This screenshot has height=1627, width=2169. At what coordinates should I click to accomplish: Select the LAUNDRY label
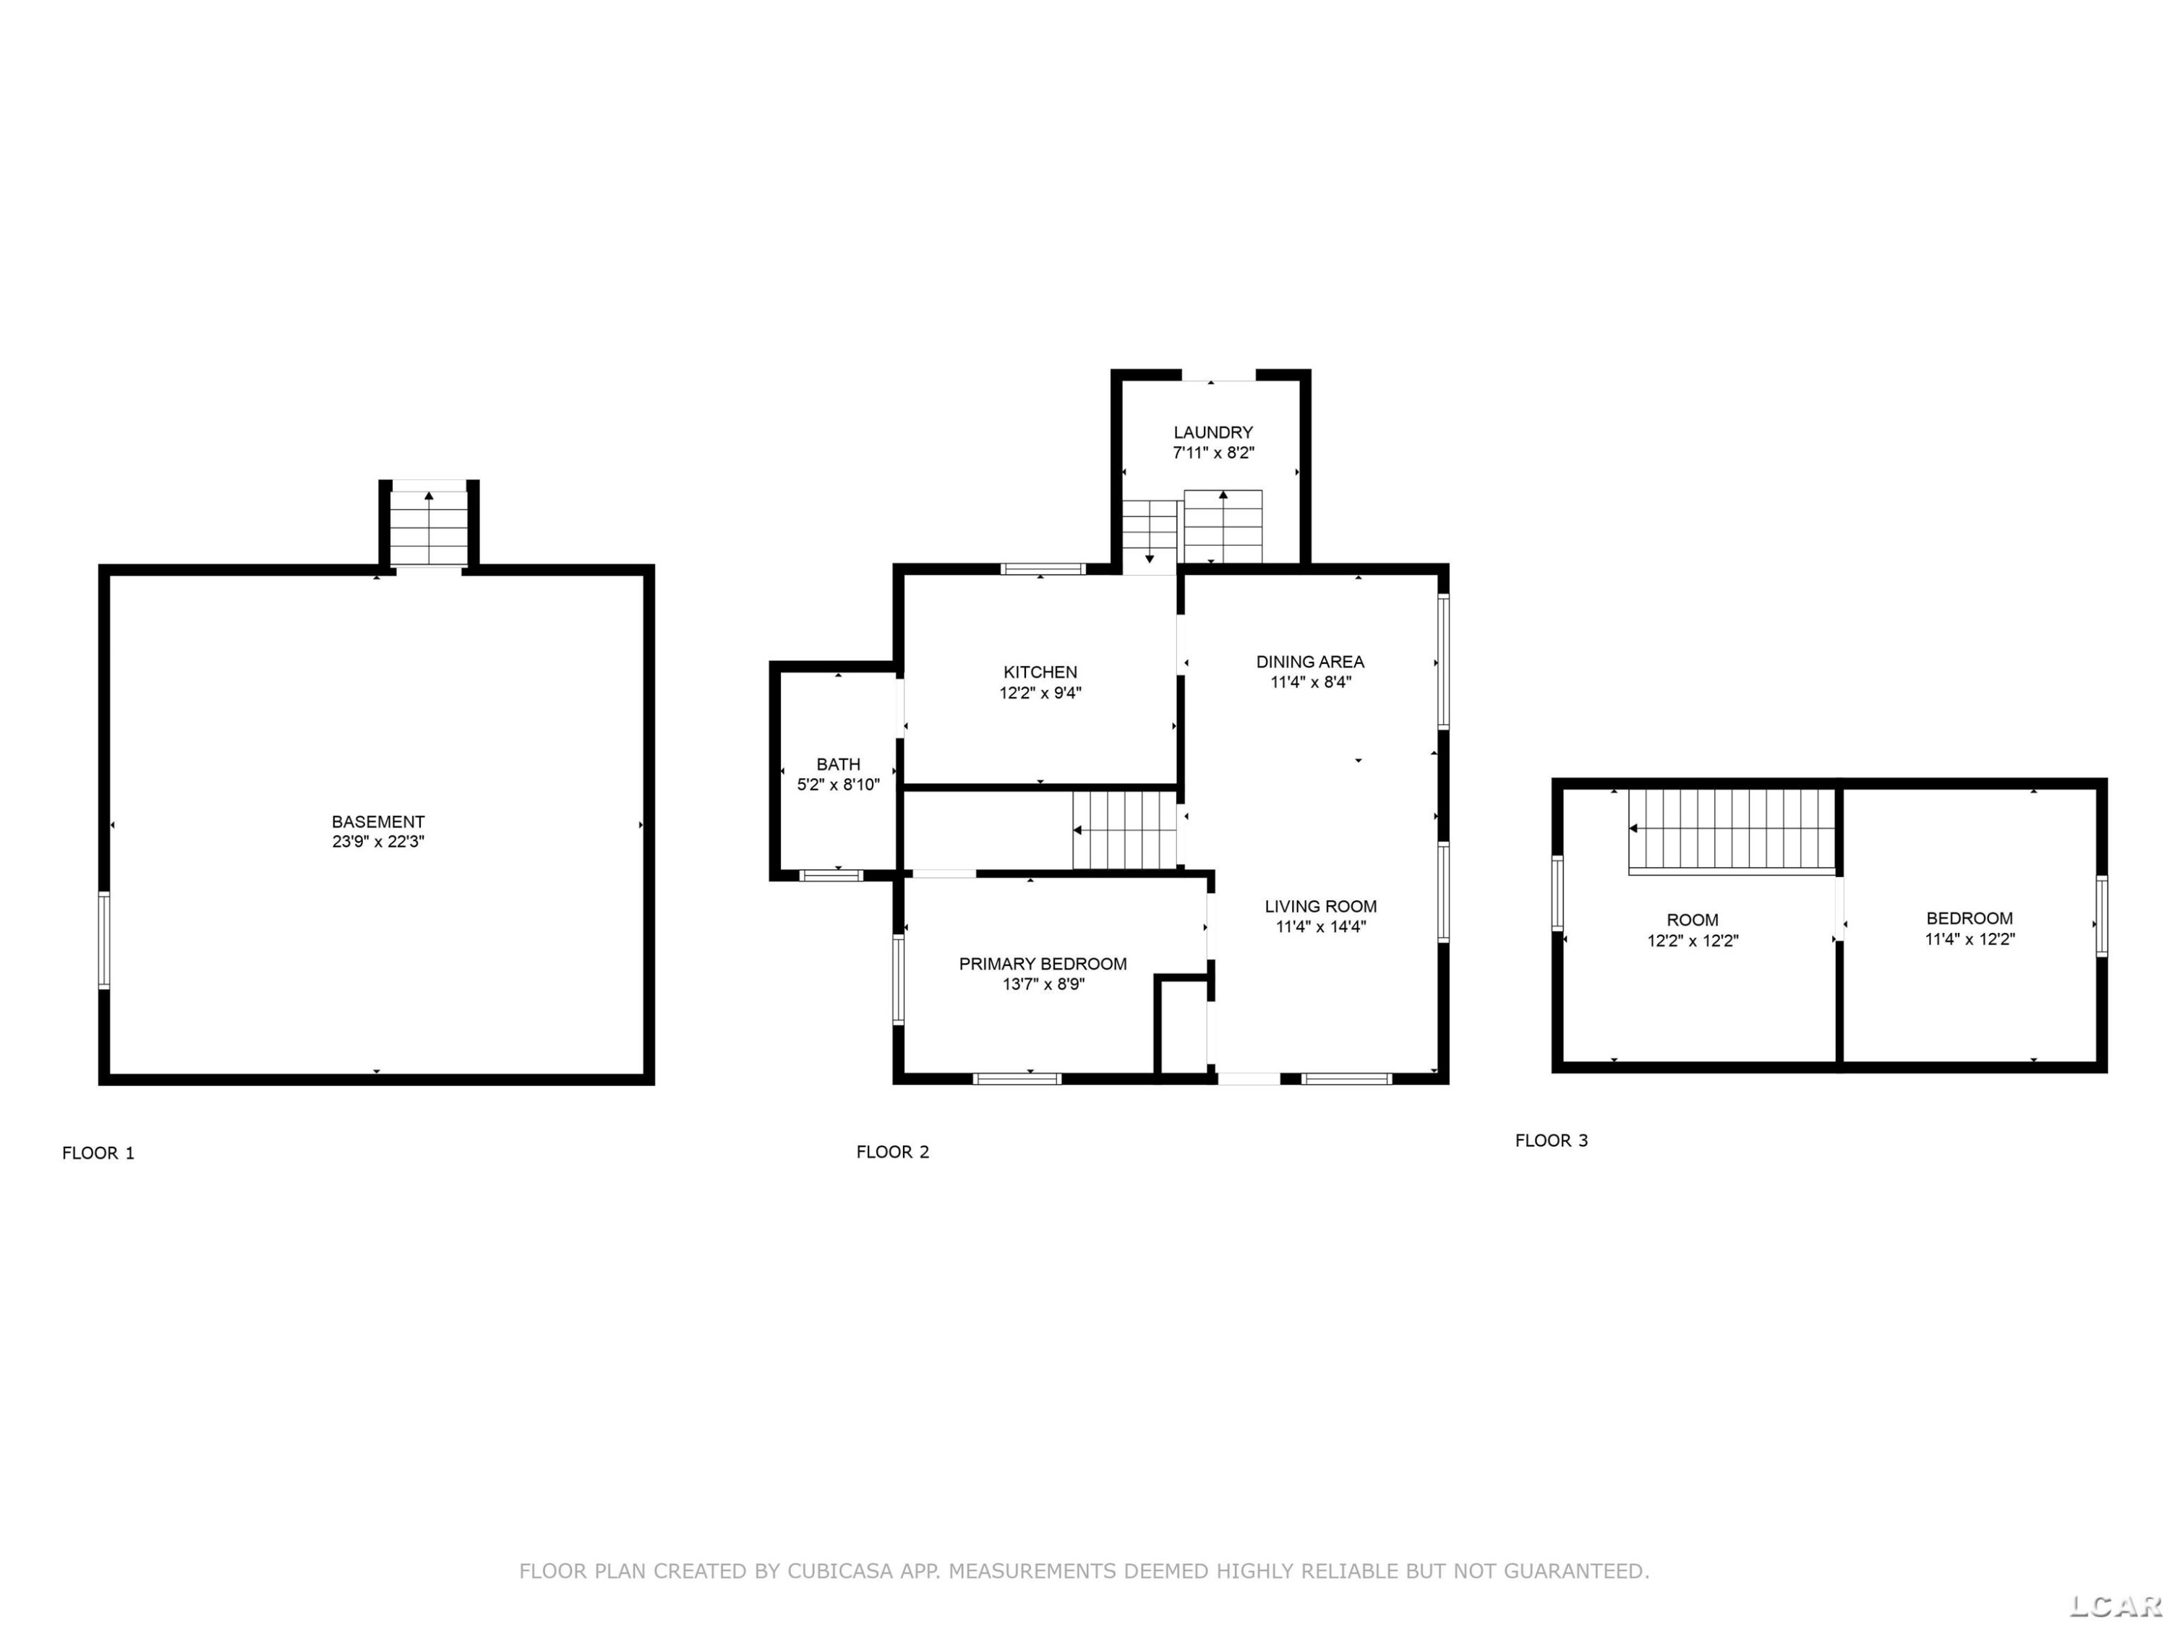[1213, 432]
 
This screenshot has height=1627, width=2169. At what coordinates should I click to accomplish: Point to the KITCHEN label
[1040, 672]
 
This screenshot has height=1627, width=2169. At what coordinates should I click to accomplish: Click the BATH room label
[839, 764]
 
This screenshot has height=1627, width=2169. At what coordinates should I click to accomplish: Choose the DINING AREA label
[1310, 662]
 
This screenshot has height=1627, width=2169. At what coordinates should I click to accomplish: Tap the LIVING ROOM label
[1321, 906]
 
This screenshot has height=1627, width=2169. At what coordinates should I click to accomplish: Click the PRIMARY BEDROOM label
[1043, 964]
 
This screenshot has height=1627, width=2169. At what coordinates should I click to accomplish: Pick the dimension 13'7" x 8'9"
[1043, 983]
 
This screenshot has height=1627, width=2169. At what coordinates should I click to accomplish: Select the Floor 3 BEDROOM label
[1970, 919]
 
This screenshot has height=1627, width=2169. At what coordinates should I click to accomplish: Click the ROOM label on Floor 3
[1693, 920]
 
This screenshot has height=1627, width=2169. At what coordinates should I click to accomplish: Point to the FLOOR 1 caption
[98, 1153]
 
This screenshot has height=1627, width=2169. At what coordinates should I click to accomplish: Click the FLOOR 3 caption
[1552, 1140]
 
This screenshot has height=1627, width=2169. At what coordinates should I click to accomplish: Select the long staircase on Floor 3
[1732, 829]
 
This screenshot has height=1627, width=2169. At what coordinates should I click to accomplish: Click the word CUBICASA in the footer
[840, 1571]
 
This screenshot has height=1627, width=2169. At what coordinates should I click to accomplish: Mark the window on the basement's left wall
[104, 939]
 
